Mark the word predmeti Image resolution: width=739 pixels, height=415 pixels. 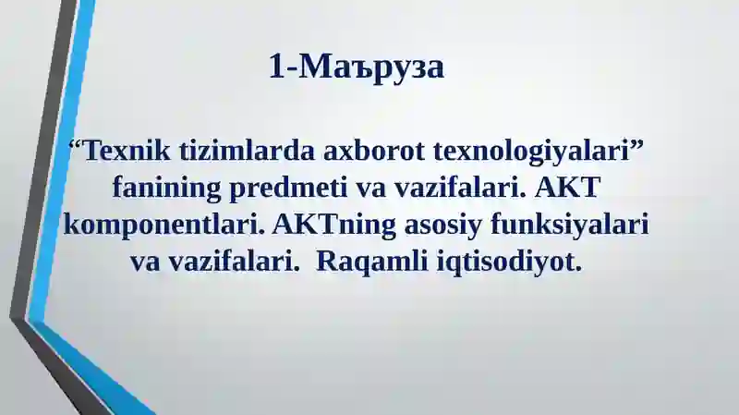295,189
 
